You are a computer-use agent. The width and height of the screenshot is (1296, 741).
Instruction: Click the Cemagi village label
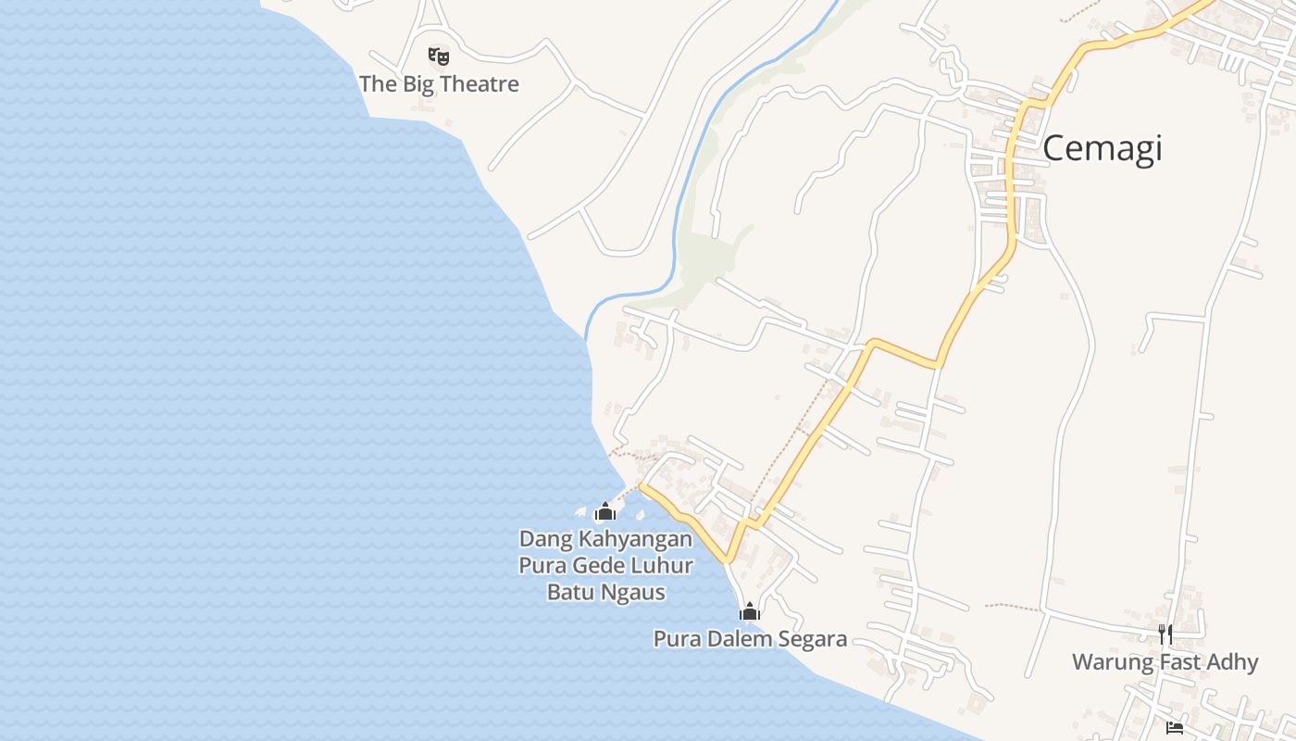(x=1102, y=148)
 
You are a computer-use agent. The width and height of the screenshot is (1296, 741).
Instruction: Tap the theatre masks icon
(x=439, y=57)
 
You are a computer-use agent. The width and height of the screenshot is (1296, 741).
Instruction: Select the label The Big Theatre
(x=439, y=84)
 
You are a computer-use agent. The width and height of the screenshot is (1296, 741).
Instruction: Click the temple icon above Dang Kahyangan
(x=605, y=511)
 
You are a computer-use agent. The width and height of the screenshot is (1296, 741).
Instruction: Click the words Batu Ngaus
(x=605, y=592)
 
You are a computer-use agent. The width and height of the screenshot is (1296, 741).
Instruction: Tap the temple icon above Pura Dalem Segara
(x=750, y=611)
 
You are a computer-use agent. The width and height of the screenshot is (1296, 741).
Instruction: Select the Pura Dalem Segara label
(x=750, y=639)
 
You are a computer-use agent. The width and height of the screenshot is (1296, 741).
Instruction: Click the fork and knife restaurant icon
(x=1165, y=634)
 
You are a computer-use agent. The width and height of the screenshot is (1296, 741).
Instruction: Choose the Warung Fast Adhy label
(x=1165, y=662)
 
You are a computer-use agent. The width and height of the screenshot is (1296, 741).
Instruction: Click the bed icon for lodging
(x=1175, y=728)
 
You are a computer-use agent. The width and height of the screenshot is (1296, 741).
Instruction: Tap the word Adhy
(x=1234, y=662)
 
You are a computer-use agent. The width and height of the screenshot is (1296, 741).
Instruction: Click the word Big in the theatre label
(x=415, y=84)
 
